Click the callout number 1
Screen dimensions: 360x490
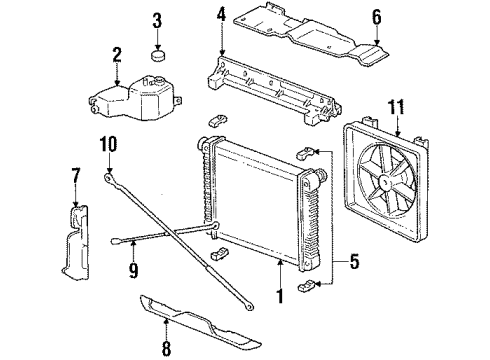[x=281, y=296]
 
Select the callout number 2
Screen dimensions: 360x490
[x=116, y=56]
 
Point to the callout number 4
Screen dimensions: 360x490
[x=221, y=15]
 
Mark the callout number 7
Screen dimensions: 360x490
[x=75, y=176]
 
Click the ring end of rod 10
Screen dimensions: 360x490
[x=106, y=176]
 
